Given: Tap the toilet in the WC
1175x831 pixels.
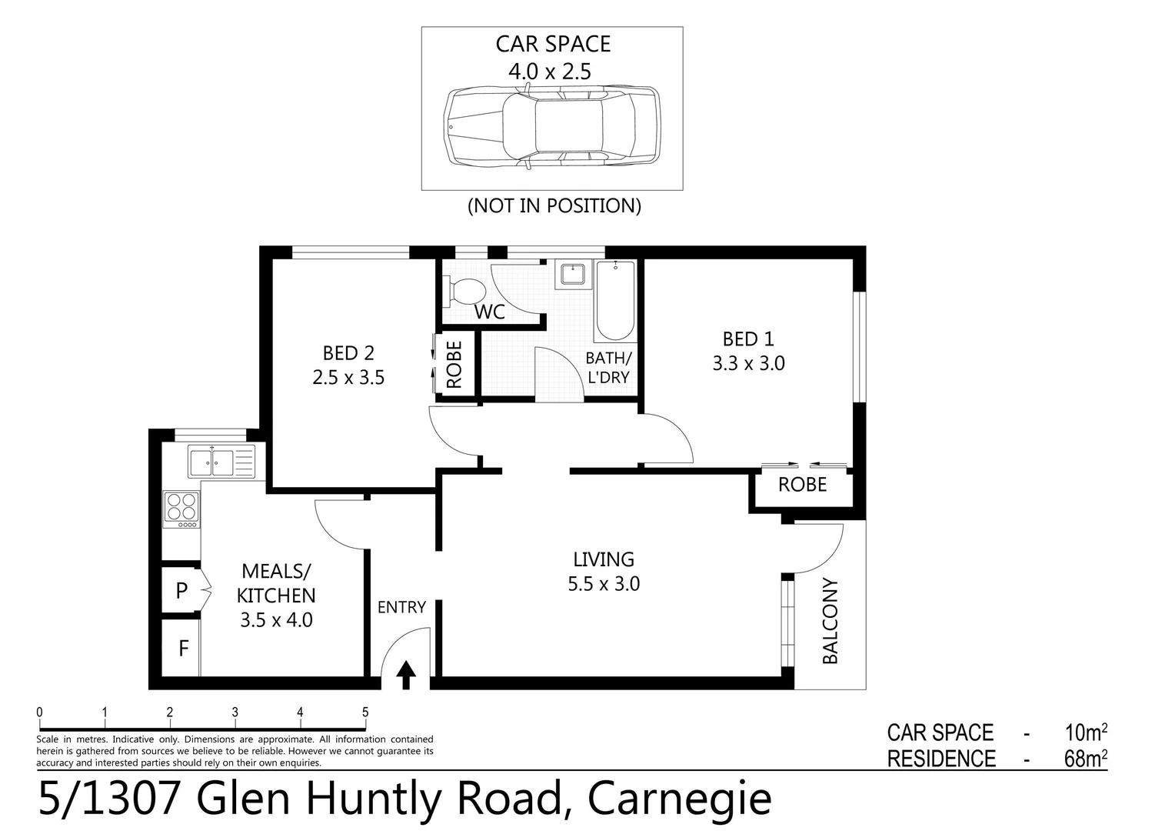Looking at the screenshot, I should tap(464, 292).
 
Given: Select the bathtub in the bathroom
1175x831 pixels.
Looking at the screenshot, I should tap(614, 301).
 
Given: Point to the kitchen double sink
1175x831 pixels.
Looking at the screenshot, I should tap(221, 462).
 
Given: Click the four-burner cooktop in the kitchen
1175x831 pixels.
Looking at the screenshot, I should tap(181, 508).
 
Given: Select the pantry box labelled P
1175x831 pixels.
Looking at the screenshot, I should tap(181, 590).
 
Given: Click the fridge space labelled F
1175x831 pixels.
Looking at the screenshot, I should tap(183, 648).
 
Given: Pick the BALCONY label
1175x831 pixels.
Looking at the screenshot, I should tap(830, 620).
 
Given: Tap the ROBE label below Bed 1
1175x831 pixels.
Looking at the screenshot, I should tap(802, 484).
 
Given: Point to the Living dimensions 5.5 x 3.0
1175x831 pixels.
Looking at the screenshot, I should tap(604, 584).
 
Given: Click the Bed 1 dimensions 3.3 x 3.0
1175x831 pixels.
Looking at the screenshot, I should tap(748, 363).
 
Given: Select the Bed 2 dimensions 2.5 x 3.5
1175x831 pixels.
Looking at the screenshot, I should tap(348, 378).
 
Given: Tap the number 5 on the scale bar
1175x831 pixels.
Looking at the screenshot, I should tap(365, 713).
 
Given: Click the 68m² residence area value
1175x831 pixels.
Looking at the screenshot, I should tap(1085, 759).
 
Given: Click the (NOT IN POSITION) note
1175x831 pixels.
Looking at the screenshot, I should tap(554, 205).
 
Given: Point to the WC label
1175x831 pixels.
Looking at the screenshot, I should tap(490, 312).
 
